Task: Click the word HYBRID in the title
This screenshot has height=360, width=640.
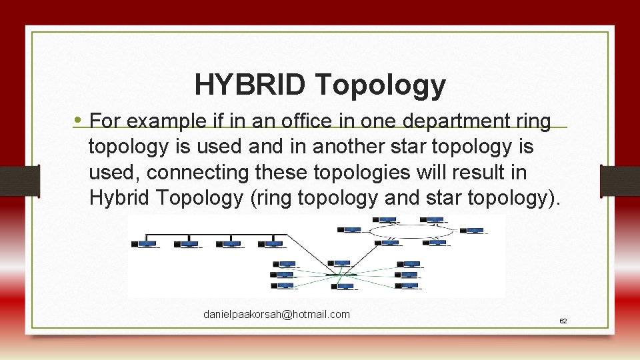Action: pyautogui.click(x=251, y=85)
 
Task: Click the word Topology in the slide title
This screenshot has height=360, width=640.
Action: pyautogui.click(x=381, y=85)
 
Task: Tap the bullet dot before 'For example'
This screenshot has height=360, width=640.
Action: pyautogui.click(x=78, y=121)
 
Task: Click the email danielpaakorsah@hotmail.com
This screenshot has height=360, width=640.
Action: pyautogui.click(x=277, y=314)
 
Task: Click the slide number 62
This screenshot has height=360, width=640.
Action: pyautogui.click(x=563, y=321)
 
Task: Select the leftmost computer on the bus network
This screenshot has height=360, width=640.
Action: pyautogui.click(x=147, y=245)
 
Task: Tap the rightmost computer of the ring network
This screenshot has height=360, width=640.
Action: pyautogui.click(x=475, y=231)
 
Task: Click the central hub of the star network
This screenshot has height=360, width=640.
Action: pyautogui.click(x=341, y=273)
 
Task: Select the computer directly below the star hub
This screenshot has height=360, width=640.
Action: pyautogui.click(x=345, y=286)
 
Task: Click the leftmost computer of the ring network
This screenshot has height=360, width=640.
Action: pyautogui.click(x=351, y=230)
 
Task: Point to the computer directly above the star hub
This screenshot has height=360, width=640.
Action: pyautogui.click(x=341, y=264)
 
